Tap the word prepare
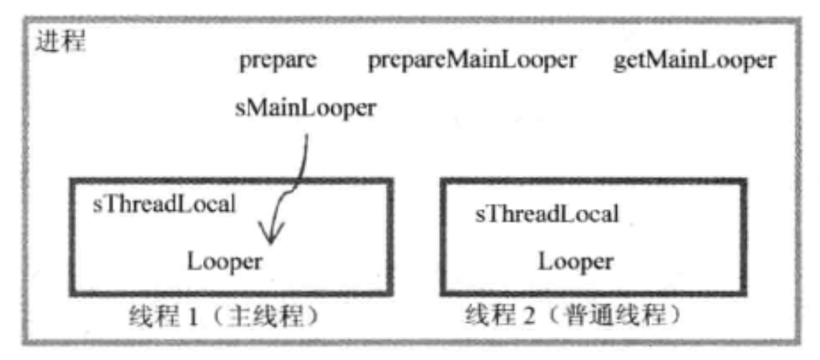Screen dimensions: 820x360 [x=278, y=62]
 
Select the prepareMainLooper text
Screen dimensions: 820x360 [x=471, y=62]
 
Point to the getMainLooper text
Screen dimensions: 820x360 [x=694, y=62]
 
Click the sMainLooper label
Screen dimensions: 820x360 [x=305, y=109]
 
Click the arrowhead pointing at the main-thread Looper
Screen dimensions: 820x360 [x=270, y=237]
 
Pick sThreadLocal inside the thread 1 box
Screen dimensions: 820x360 [x=165, y=204]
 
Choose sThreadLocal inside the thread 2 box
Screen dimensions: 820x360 [x=547, y=214]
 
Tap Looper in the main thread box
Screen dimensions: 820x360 [x=225, y=261]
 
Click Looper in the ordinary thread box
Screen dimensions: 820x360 [x=576, y=261]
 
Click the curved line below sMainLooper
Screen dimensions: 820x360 [x=301, y=169]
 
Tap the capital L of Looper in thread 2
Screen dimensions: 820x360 [x=545, y=261]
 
